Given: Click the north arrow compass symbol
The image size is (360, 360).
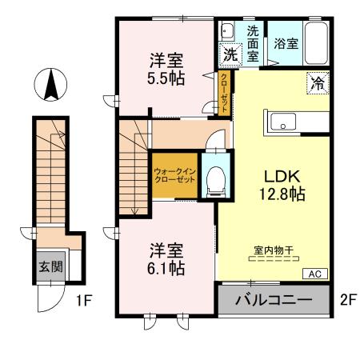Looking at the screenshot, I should coord(50,85).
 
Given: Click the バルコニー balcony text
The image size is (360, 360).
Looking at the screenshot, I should coord(274,302).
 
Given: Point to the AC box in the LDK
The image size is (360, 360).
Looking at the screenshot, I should coord(316,274).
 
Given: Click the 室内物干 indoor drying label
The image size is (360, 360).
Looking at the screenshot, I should coord(274,250).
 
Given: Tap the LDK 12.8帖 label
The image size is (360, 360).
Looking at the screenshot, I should coord(277,183).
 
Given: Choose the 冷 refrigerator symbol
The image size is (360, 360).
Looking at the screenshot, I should coord(316,82).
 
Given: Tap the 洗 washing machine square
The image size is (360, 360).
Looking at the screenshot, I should coord(230,55).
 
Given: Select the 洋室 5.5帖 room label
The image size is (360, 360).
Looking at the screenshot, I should coord(166,68).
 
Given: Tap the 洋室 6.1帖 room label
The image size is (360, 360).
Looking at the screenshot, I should coord(166,259).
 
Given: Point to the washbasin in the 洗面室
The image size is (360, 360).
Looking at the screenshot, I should coord(226,32).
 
